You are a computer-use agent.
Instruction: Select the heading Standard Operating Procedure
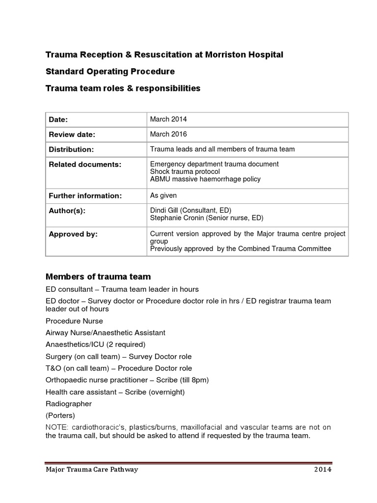coord(110,72)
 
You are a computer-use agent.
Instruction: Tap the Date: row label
coord(58,120)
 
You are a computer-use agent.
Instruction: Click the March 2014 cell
coord(168,119)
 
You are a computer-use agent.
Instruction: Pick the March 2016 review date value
coord(168,134)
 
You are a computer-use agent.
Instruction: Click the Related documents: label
coord(84,165)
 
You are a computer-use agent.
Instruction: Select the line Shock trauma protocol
coord(185,171)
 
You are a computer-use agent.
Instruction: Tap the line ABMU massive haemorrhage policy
coord(205,179)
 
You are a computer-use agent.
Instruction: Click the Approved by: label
coord(73,234)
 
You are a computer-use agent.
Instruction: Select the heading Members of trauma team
coord(98,277)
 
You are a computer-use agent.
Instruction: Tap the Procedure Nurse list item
coord(74,321)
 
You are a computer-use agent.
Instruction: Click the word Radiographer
coord(69,404)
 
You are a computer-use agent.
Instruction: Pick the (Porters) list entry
coord(60,416)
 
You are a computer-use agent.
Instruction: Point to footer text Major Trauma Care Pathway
coord(92,470)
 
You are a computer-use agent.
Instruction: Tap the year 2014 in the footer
coord(323,470)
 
